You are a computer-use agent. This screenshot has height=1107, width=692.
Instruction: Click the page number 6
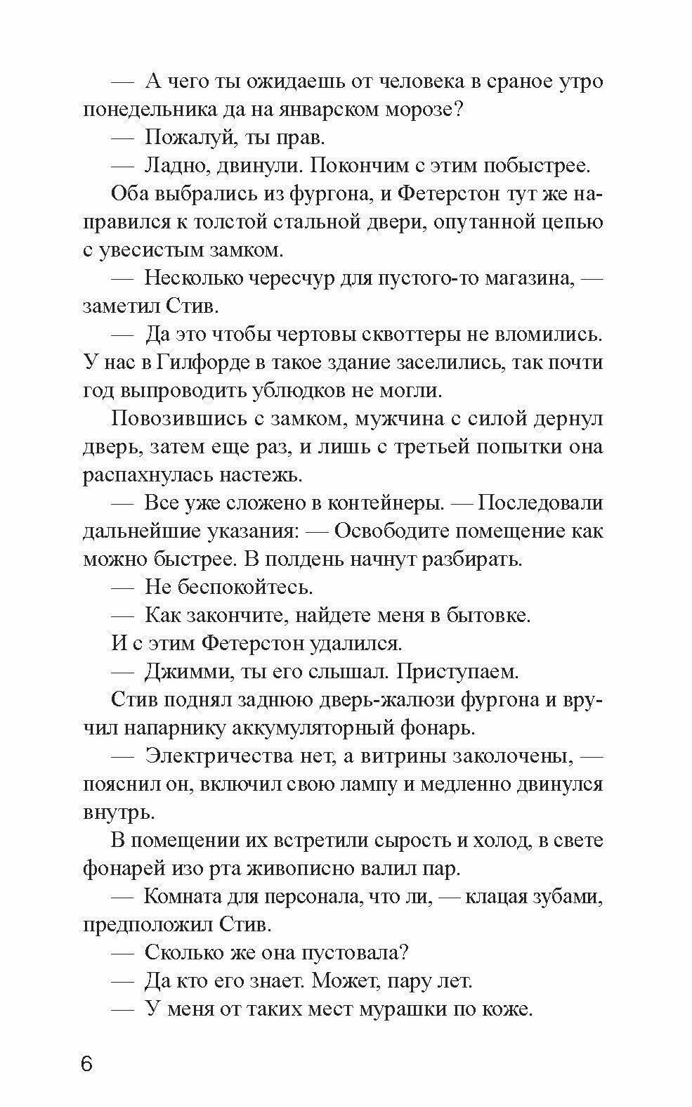[x=86, y=1063]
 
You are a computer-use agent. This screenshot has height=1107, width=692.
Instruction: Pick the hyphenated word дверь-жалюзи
[x=390, y=700]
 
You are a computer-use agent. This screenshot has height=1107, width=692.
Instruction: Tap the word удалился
[x=353, y=644]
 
